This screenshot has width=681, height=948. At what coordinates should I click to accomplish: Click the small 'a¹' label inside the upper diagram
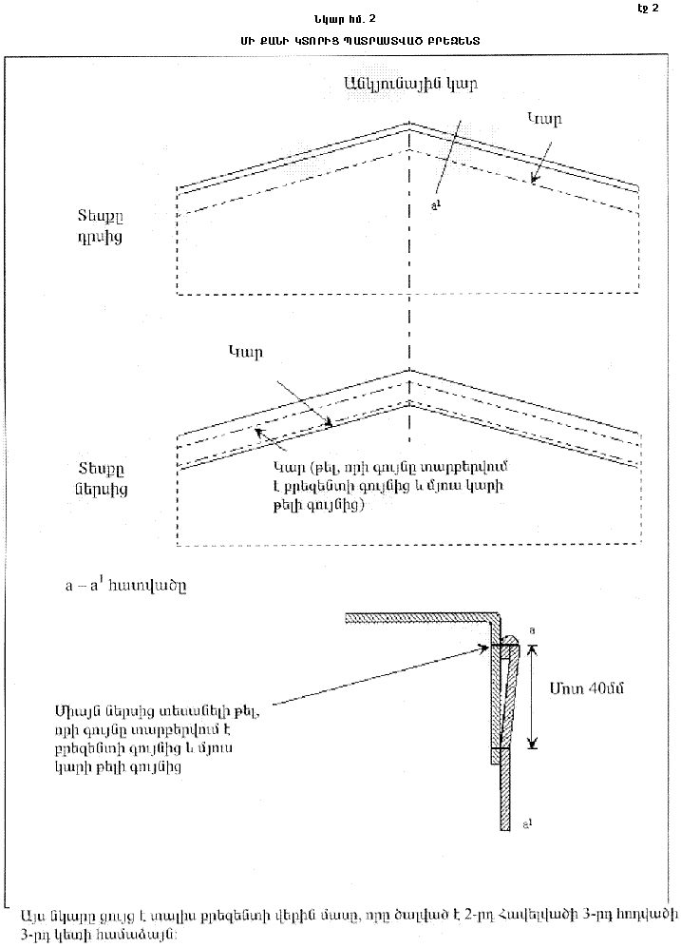tap(434, 203)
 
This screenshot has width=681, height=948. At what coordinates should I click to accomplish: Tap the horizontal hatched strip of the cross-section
tap(418, 618)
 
